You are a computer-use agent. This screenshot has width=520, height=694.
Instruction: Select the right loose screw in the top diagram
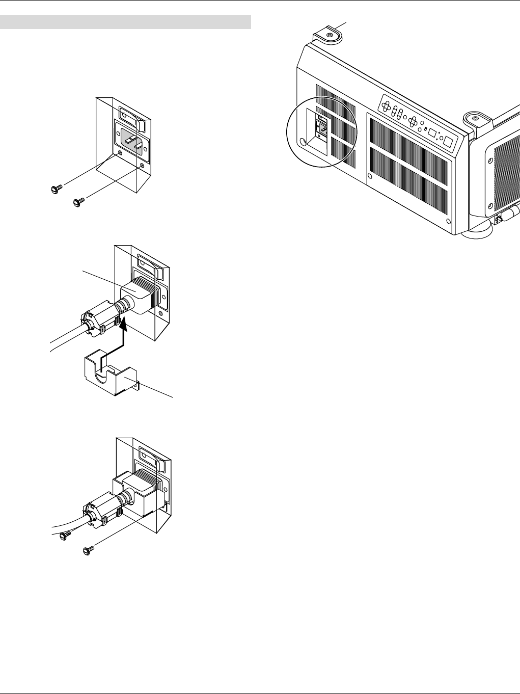click(x=78, y=203)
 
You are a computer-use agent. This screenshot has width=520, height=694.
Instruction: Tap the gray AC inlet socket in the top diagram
click(x=131, y=139)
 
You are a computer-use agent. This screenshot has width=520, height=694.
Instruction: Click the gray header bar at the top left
click(x=126, y=22)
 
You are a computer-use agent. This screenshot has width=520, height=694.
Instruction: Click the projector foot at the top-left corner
click(x=328, y=35)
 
